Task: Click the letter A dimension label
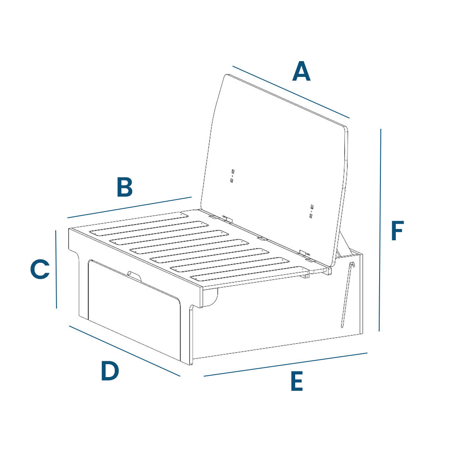[301, 72]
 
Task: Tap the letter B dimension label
[125, 187]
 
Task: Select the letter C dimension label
[40, 269]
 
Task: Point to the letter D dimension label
[110, 371]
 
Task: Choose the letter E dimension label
[296, 382]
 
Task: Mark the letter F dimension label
[397, 231]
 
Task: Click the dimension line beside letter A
[291, 92]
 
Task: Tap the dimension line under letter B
[129, 207]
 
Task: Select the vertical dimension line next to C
[56, 269]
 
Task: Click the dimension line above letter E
[286, 365]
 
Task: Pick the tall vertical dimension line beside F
[380, 230]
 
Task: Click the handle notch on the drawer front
[134, 274]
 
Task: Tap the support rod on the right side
[346, 295]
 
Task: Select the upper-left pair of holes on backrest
[232, 175]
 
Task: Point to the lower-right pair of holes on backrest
[311, 211]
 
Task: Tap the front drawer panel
[133, 312]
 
